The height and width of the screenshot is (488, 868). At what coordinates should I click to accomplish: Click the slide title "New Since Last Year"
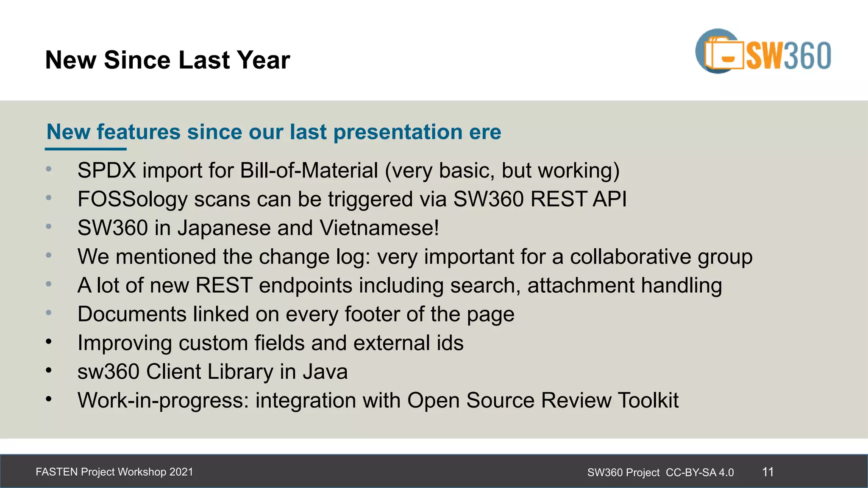[167, 60]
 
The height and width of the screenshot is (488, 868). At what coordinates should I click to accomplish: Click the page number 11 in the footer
[768, 472]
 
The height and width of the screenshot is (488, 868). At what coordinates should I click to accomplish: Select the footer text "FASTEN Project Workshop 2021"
[114, 472]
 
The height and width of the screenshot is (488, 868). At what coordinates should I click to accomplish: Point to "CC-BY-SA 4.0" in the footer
[700, 472]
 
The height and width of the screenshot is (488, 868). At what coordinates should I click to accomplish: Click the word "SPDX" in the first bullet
[107, 170]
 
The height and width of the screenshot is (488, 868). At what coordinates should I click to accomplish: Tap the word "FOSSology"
[132, 199]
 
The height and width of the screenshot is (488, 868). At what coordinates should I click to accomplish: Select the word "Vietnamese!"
[379, 228]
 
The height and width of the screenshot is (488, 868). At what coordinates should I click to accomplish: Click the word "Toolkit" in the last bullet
[648, 400]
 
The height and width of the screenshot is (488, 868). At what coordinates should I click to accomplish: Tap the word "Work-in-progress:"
[163, 401]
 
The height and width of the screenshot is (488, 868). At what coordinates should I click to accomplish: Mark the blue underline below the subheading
[86, 149]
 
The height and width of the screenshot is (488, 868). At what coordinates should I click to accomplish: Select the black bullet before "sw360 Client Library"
[49, 371]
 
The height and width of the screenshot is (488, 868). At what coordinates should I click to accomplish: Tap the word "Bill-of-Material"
[309, 170]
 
